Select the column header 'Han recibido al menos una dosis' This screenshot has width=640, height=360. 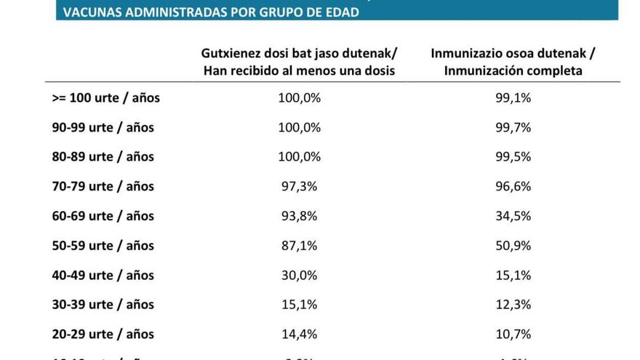click(299, 71)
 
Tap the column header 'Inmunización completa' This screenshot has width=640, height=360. click(513, 71)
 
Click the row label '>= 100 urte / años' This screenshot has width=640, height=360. click(105, 97)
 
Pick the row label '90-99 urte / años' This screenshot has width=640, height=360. click(103, 127)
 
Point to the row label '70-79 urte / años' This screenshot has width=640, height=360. click(103, 186)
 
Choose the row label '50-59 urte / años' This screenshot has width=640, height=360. click(103, 246)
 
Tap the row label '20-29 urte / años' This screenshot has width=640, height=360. click(103, 335)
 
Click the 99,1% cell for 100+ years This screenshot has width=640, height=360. click(513, 97)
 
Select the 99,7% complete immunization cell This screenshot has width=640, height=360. click(513, 127)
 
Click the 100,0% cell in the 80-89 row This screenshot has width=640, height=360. click(299, 157)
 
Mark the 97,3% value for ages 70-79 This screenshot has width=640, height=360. click(299, 186)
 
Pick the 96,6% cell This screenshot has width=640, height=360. click(513, 186)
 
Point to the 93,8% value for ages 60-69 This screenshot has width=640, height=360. click(299, 216)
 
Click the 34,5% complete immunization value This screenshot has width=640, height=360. click(513, 216)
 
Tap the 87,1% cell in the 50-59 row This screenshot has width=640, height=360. click(299, 246)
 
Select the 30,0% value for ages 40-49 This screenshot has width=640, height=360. click(299, 276)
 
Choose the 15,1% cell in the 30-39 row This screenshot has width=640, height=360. click(299, 305)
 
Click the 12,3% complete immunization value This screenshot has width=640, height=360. click(513, 305)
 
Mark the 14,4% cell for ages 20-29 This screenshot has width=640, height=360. click(299, 335)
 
